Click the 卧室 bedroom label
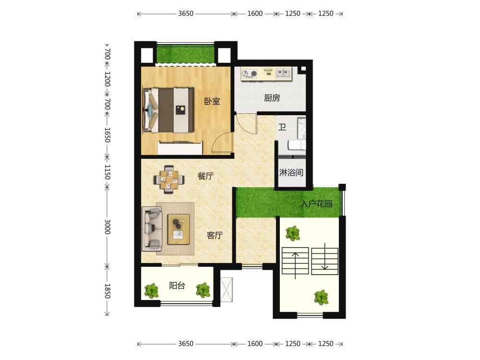click(x=212, y=101)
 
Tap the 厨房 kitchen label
click(x=272, y=98)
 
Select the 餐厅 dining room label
click(x=205, y=176)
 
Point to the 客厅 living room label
click(x=215, y=235)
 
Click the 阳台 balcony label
click(x=177, y=286)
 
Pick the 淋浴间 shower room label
click(x=291, y=173)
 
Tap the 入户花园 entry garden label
click(x=316, y=204)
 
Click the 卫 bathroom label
click(x=282, y=127)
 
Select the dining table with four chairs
click(x=169, y=180)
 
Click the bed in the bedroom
click(x=168, y=110)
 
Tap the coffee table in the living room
click(x=179, y=229)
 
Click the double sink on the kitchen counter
click(x=284, y=73)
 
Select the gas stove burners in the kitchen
click(x=249, y=73)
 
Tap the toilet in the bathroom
click(x=297, y=145)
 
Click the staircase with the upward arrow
click(x=295, y=261)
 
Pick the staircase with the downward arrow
click(x=325, y=261)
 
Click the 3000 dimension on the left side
click(x=108, y=227)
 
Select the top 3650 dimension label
click(x=186, y=13)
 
